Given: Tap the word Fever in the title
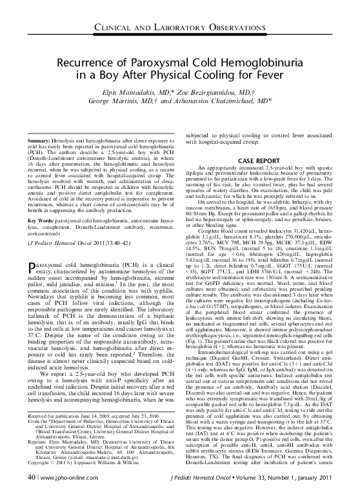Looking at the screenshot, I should (285, 76).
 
